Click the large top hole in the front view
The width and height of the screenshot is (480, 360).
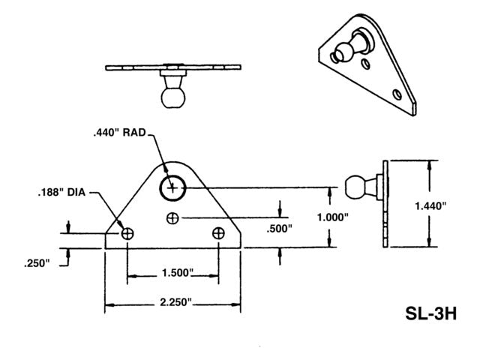[173, 187]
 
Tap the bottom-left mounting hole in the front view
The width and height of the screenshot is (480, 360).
[127, 233]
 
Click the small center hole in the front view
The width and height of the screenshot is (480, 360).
[173, 218]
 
